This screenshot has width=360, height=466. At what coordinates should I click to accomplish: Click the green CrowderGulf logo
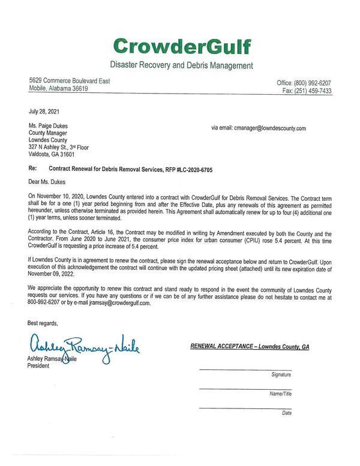click(x=181, y=46)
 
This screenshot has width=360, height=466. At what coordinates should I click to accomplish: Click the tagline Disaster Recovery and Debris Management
click(x=181, y=65)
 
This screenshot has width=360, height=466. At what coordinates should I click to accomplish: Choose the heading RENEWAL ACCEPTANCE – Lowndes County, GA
click(x=250, y=347)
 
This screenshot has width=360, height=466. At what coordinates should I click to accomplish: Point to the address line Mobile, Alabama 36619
click(x=59, y=88)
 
